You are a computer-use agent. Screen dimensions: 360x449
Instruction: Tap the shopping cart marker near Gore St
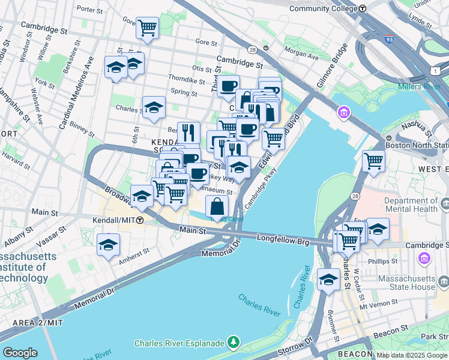[x=147, y=28]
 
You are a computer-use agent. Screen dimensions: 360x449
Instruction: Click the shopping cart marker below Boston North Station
[x=373, y=161]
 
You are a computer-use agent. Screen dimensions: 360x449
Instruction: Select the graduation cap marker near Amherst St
[x=108, y=245]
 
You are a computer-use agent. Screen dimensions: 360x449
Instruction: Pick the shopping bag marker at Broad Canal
[x=217, y=207]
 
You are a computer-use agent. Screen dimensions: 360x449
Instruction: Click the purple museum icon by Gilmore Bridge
[x=343, y=112]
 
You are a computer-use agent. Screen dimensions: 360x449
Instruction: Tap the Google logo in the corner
[x=20, y=353]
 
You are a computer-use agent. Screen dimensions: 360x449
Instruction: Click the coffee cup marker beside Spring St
[x=228, y=86]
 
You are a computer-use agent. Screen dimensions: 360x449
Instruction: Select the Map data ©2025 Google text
[x=411, y=355]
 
